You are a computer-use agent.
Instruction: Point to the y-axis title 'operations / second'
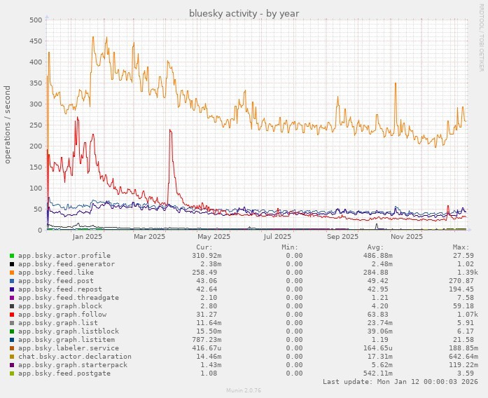8,125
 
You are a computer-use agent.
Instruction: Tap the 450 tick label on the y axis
33,41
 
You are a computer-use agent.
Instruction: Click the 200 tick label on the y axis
33,146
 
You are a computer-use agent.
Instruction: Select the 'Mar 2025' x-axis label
148,237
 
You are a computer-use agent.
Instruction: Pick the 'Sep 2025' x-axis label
342,237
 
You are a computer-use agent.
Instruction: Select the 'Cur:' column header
204,247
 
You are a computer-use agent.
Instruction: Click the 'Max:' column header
460,247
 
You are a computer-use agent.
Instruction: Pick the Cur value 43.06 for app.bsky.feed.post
202,280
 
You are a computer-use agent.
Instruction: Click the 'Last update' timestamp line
396,381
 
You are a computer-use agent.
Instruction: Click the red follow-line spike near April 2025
169,131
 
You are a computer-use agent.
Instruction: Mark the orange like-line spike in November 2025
396,84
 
